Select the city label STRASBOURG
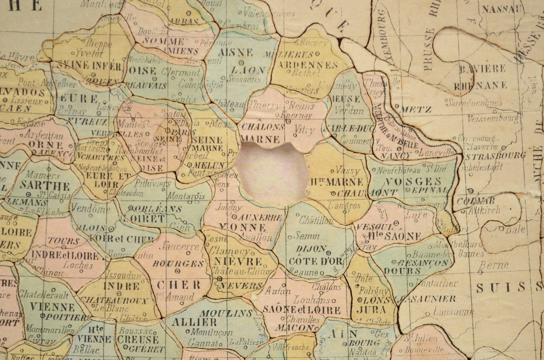[x=495, y=156]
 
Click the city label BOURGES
[x=178, y=264]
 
